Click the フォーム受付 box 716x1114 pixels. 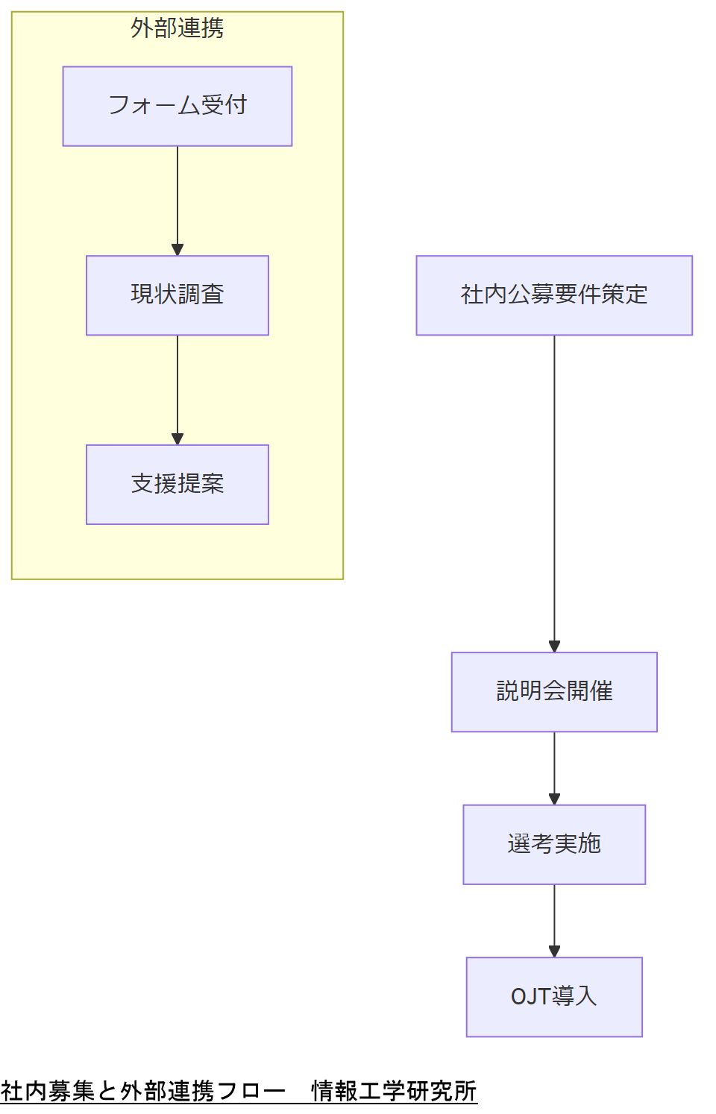coord(177,106)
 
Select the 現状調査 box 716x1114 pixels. coord(177,295)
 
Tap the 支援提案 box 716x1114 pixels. coord(177,485)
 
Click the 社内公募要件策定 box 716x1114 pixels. coord(553,295)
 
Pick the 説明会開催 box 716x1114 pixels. coord(553,692)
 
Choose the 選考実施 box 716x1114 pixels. coord(553,844)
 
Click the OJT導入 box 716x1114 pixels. coord(553,997)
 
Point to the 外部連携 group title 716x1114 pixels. coord(177,28)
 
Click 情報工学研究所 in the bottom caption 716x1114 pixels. coord(394,1091)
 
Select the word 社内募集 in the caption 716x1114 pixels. coord(48,1091)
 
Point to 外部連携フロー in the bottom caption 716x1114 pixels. coord(203,1091)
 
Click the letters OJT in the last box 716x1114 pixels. coord(530,997)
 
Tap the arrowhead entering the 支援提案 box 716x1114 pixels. coord(178,439)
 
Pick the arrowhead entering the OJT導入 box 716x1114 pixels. coord(554,951)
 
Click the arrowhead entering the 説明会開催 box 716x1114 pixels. coord(554,646)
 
